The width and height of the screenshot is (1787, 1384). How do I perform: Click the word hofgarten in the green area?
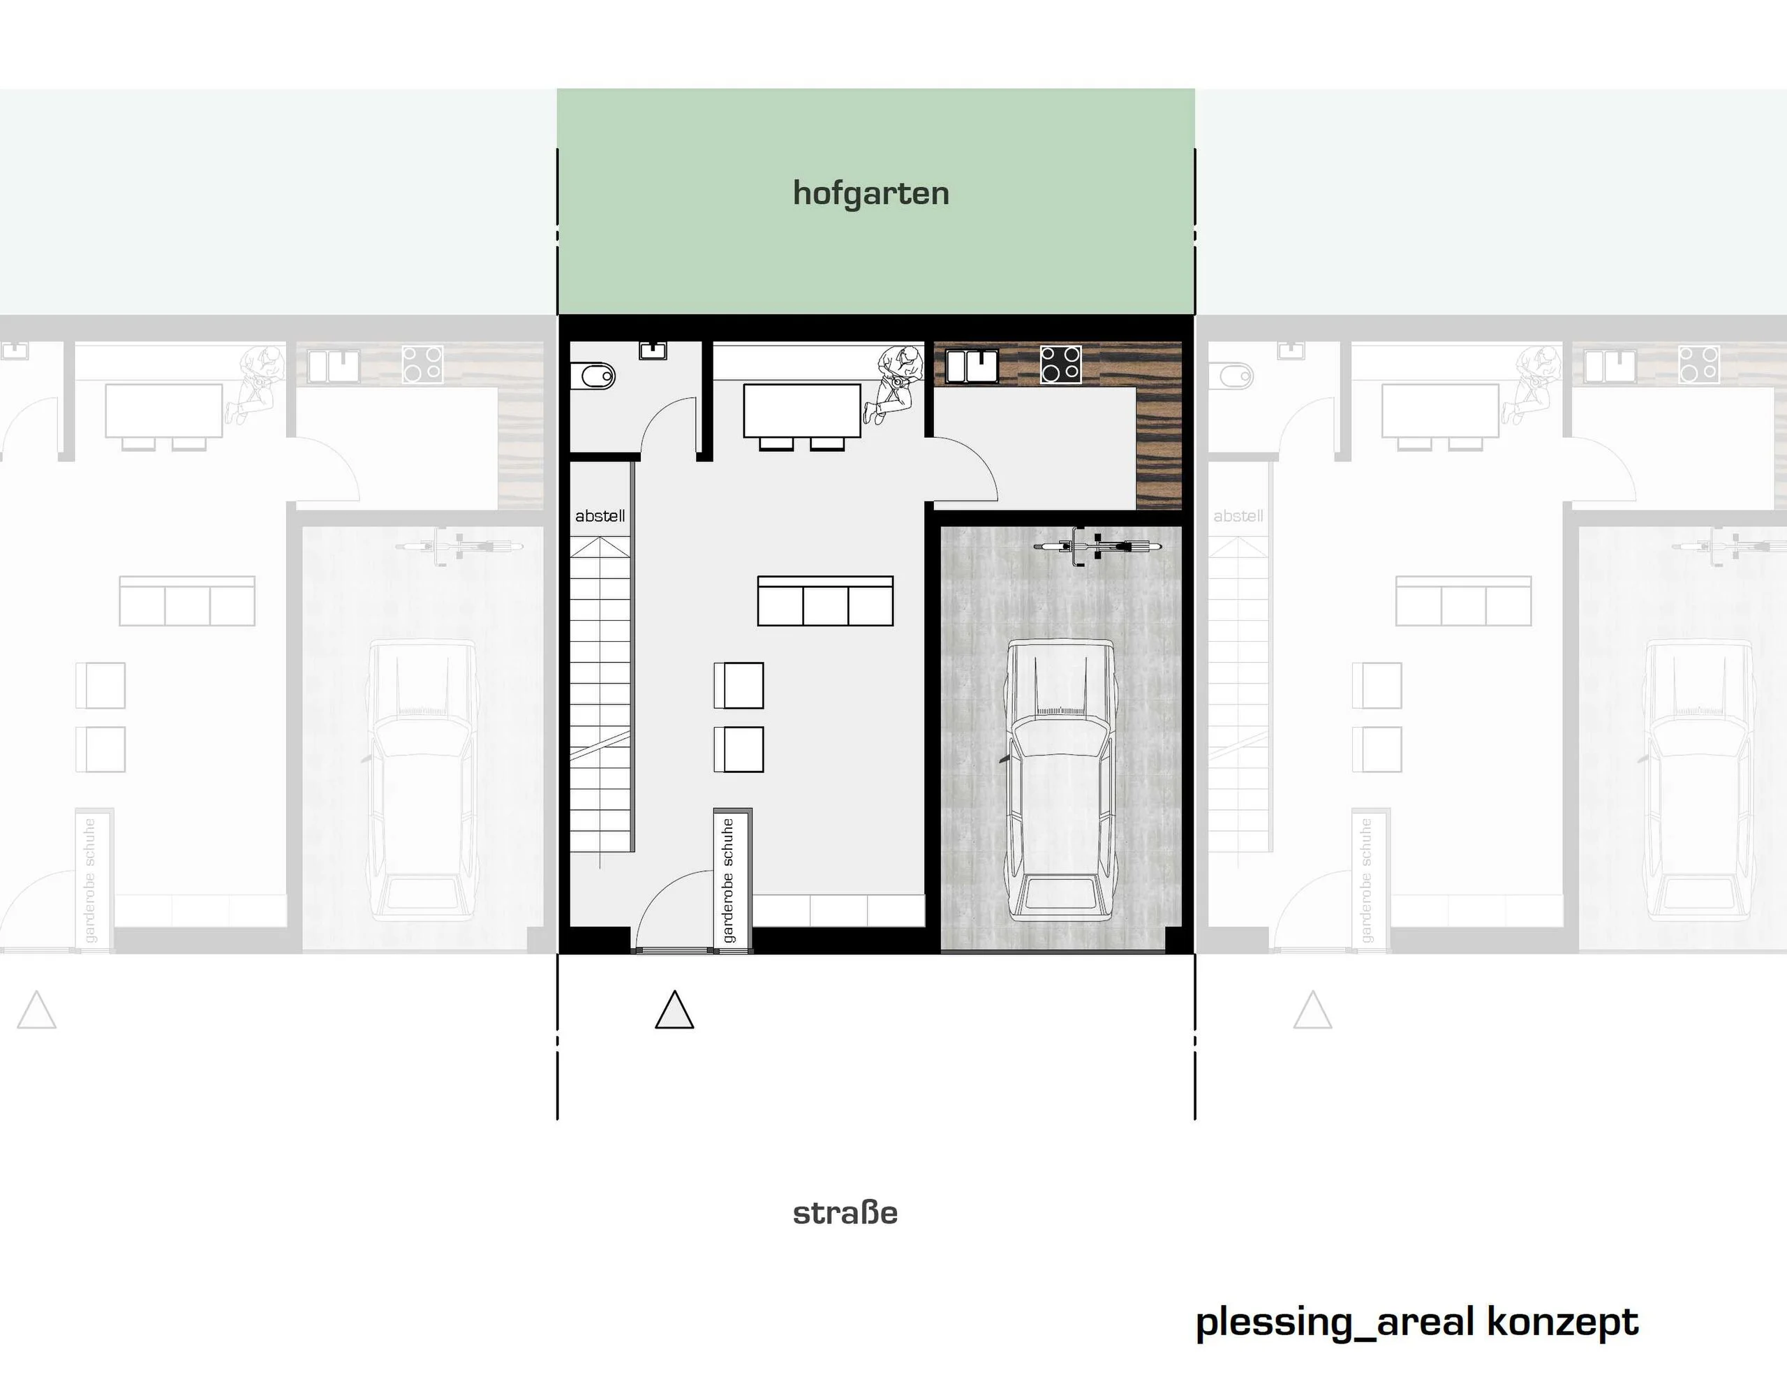[870, 194]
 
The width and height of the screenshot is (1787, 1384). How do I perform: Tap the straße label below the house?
[845, 1213]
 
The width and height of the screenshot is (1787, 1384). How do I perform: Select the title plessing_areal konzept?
[1417, 1323]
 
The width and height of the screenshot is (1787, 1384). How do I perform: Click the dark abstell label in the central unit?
[600, 515]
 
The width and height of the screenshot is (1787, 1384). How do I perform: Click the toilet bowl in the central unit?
[598, 377]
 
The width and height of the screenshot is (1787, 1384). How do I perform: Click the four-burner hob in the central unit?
[1060, 365]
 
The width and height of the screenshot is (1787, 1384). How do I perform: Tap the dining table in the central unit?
[802, 411]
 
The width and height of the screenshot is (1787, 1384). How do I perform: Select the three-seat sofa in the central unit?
[825, 601]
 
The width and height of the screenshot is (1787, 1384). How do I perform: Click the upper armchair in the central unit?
[739, 685]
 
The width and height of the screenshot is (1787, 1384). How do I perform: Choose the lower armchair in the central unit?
[739, 749]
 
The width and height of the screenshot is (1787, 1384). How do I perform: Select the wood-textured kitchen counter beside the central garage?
[1159, 449]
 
